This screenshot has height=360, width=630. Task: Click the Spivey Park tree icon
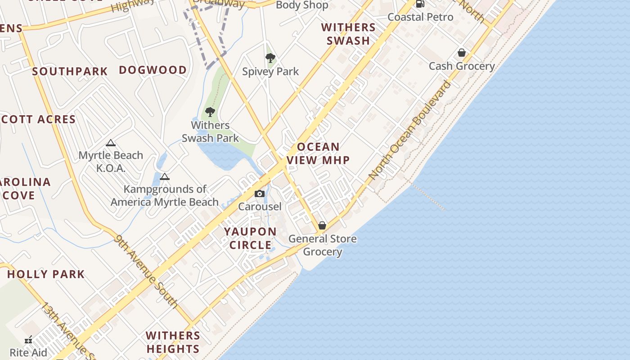click(270, 58)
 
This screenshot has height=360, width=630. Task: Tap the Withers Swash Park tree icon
click(210, 112)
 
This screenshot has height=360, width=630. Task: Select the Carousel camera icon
click(260, 193)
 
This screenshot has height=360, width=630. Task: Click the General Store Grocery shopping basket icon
click(322, 225)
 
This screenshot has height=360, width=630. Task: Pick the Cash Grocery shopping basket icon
click(461, 53)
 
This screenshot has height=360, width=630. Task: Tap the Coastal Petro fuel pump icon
click(420, 4)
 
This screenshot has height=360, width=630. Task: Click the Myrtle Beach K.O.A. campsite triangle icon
click(111, 143)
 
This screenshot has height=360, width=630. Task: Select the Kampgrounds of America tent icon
click(165, 176)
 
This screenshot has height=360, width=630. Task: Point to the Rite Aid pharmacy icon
click(28, 340)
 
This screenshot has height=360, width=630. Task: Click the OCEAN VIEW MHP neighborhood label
click(318, 153)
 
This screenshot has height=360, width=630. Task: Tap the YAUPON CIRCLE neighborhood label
click(250, 238)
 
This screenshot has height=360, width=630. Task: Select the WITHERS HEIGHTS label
click(173, 342)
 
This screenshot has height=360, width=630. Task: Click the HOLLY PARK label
click(46, 274)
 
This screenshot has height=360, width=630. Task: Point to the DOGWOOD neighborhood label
click(153, 70)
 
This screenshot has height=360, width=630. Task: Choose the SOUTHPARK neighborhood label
click(70, 72)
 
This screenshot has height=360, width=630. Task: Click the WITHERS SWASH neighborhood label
click(348, 34)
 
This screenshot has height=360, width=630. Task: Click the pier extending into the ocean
click(427, 196)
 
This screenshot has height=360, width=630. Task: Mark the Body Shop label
click(302, 5)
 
